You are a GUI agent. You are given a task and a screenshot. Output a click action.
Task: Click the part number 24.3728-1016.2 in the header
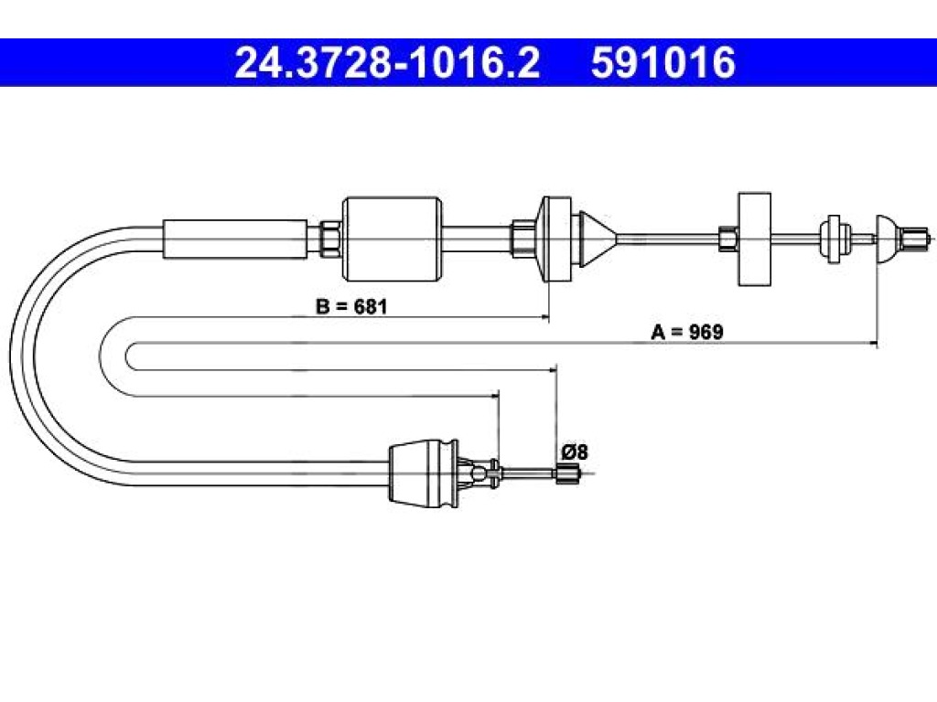coord(387,63)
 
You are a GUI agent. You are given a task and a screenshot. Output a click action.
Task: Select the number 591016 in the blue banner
coord(662,63)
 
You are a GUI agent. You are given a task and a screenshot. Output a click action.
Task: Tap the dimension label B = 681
coord(351,306)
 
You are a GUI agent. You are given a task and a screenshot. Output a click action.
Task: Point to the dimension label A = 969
coord(686,332)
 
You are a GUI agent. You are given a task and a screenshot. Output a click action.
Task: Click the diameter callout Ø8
coord(575,452)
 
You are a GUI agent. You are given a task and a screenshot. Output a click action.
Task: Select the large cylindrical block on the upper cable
coord(392,239)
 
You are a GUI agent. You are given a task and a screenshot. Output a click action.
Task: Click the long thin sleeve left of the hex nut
coord(235,239)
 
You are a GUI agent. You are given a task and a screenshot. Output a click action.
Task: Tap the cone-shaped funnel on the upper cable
coord(598,239)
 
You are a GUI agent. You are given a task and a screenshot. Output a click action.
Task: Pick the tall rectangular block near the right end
coord(754,239)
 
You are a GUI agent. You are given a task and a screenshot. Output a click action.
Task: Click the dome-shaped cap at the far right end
coord(887,239)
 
